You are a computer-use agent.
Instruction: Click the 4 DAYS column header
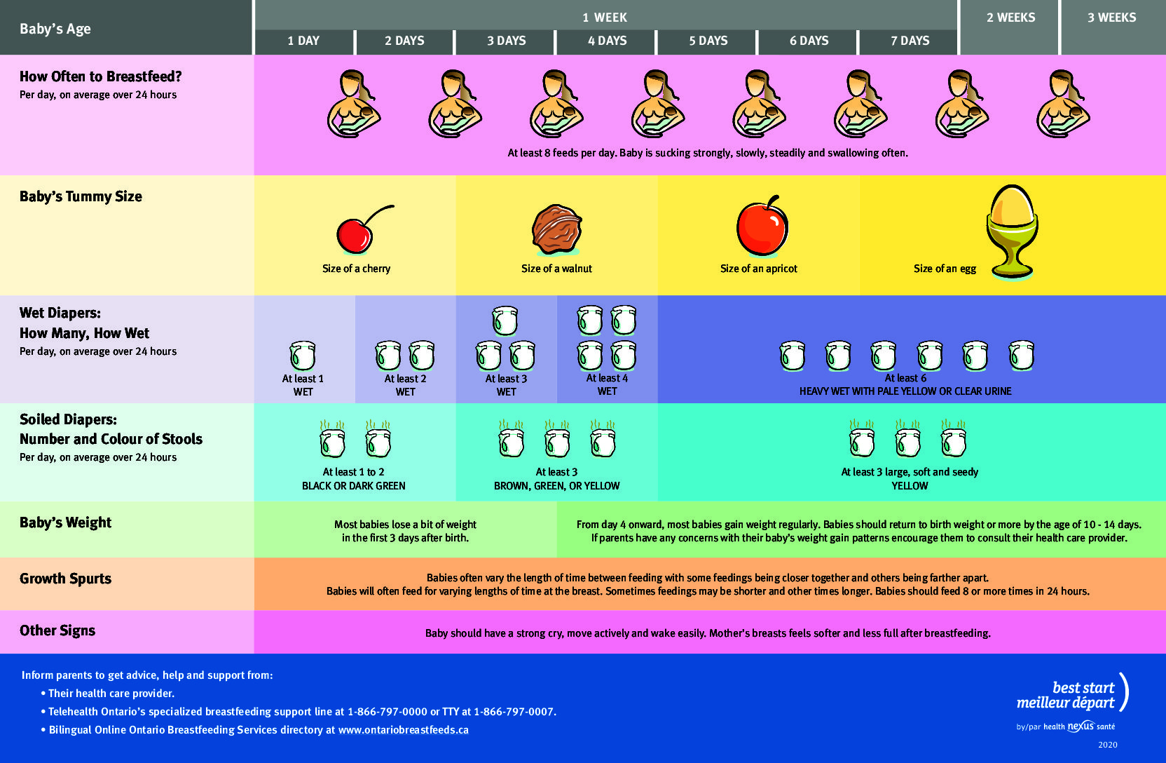[607, 41]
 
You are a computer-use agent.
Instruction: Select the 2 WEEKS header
[1011, 18]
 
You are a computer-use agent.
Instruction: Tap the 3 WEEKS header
[1112, 18]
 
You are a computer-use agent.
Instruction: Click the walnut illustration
[556, 230]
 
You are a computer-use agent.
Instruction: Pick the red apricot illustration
[762, 226]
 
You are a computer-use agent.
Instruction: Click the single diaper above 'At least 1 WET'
[303, 355]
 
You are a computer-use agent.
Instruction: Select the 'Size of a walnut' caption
[556, 269]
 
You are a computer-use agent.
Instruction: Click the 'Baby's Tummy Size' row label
[81, 196]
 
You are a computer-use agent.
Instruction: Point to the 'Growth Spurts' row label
[66, 579]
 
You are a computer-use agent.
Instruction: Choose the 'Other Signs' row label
[57, 630]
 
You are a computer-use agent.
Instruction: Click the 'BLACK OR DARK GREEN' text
[353, 486]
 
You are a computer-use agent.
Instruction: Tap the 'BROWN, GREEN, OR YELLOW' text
[556, 486]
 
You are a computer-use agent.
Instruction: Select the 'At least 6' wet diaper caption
[905, 378]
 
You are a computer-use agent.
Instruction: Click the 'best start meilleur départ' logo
[1072, 696]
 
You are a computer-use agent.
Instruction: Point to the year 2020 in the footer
[1108, 745]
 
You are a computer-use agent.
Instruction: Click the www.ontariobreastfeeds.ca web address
[404, 730]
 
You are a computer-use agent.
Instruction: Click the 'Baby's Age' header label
[55, 29]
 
